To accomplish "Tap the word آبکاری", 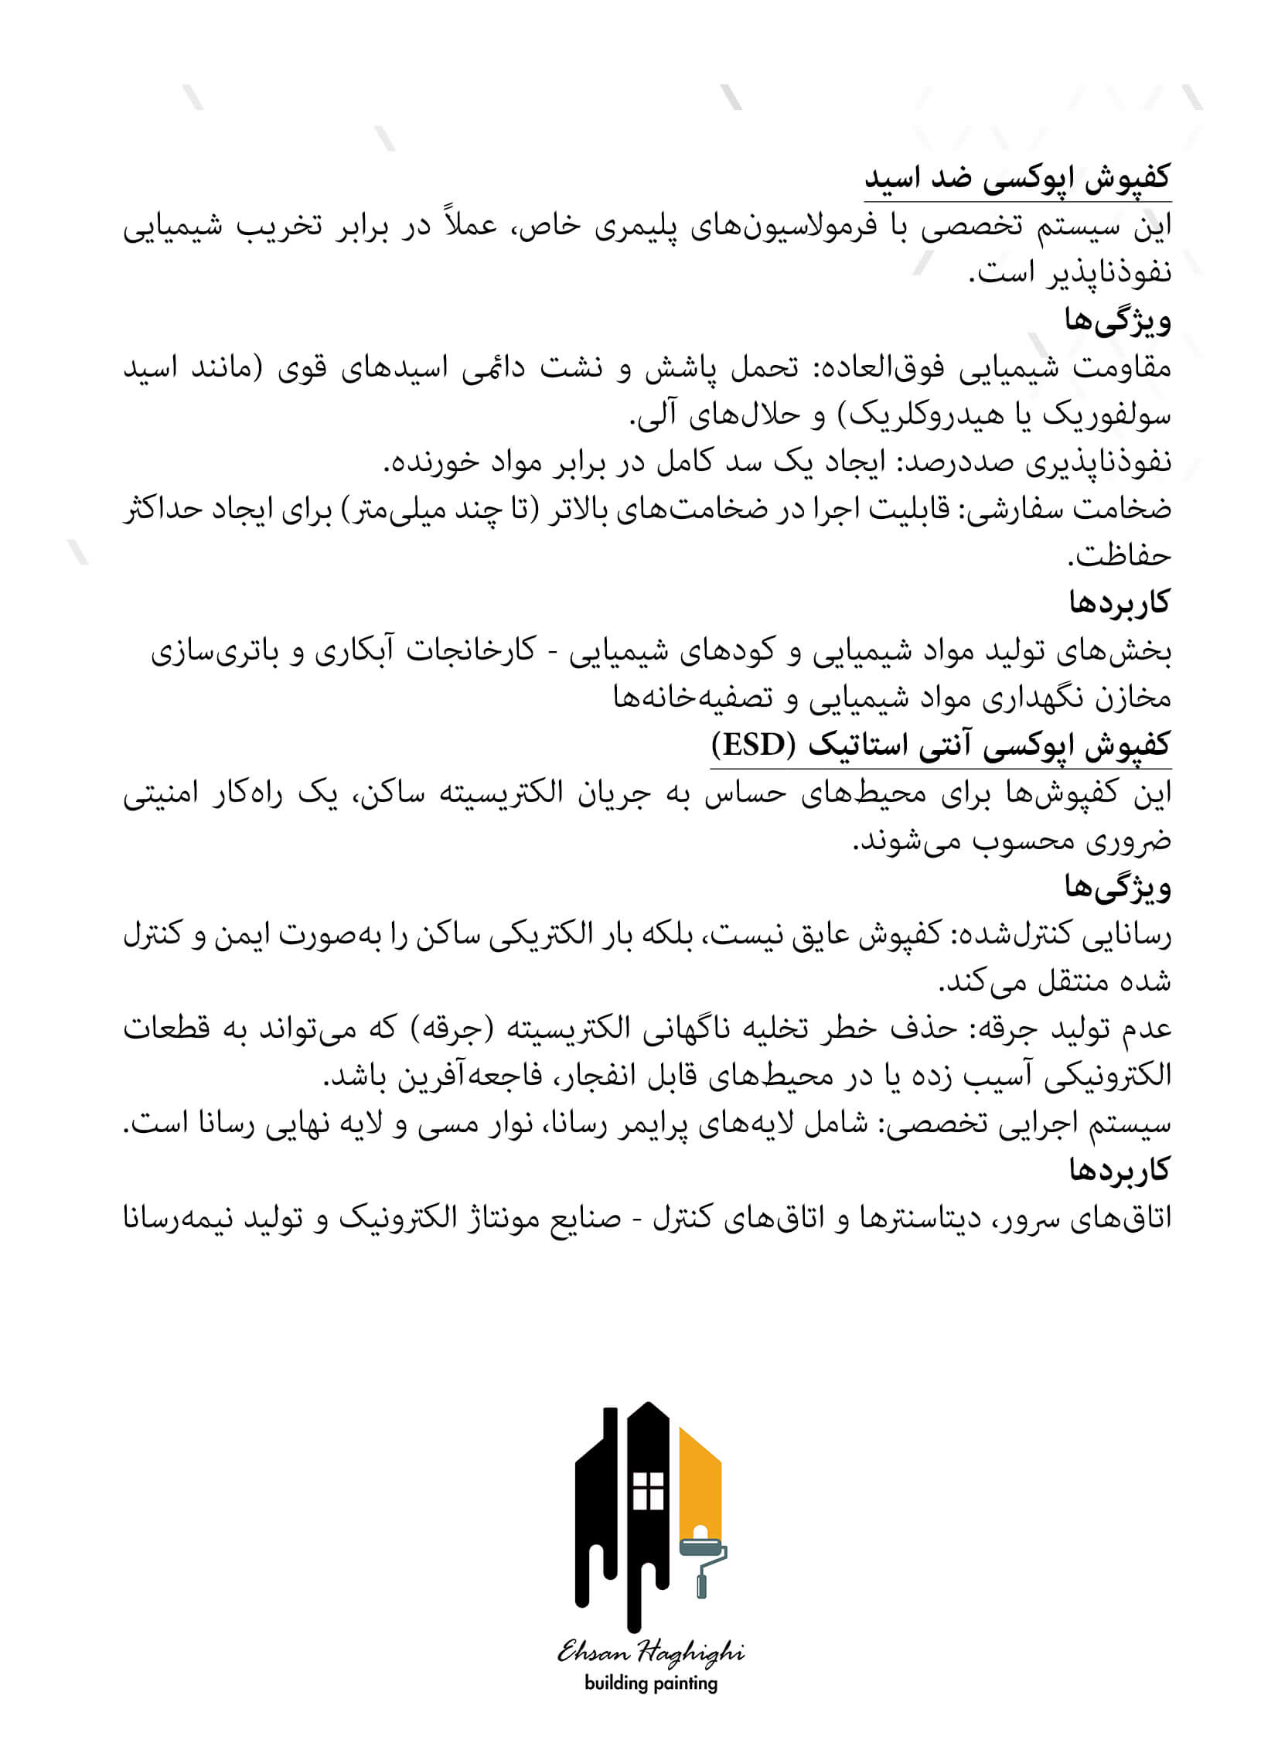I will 360,650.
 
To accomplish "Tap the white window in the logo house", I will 649,1490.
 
